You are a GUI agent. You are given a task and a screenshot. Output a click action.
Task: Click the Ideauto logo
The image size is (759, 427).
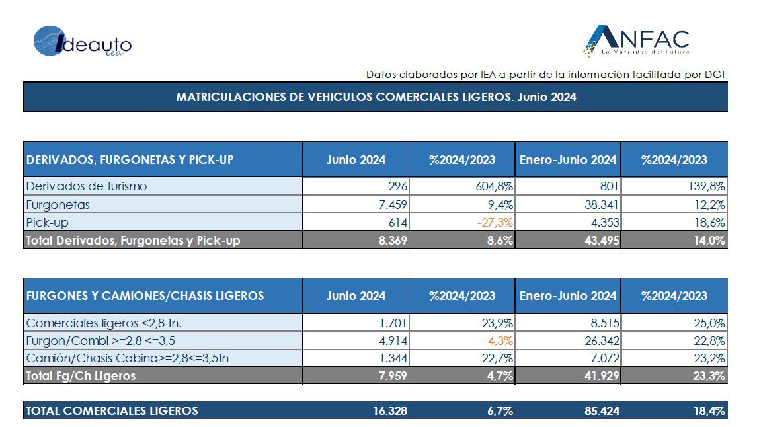coord(82,42)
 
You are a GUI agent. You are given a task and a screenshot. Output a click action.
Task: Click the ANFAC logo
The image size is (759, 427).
coord(636,41)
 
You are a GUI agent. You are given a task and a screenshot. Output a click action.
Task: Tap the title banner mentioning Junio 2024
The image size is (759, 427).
coord(376,97)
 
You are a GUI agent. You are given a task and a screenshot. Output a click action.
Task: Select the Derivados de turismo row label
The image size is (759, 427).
coord(86,186)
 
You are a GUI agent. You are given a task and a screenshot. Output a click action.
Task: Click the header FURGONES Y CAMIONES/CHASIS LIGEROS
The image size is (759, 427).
coord(145,296)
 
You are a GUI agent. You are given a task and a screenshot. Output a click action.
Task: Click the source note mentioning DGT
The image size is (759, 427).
coord(545,74)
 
